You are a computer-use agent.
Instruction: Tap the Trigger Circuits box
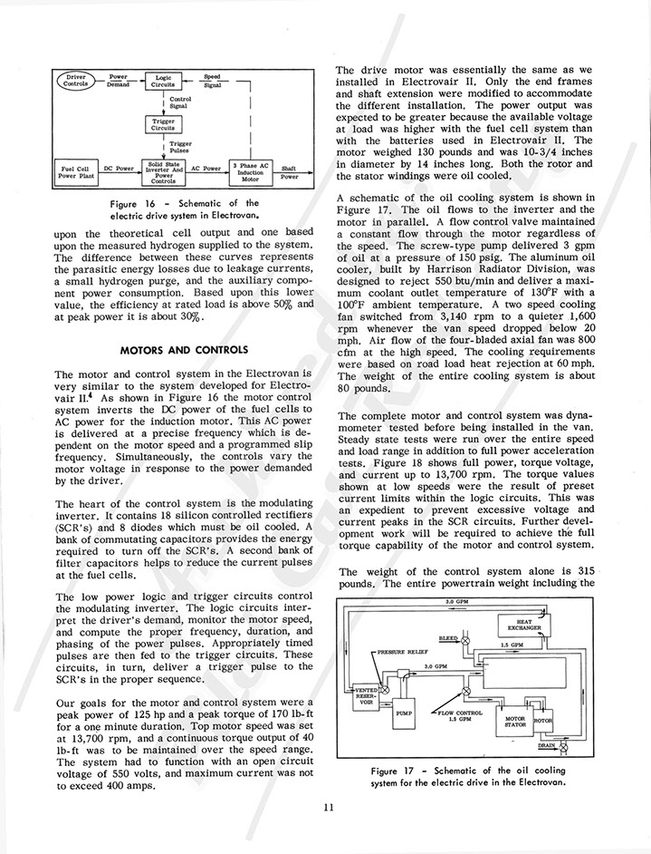[x=164, y=124]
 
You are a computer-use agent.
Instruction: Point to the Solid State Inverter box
[x=164, y=170]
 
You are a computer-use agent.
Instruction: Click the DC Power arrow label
[x=119, y=168]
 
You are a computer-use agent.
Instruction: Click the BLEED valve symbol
[x=467, y=639]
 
